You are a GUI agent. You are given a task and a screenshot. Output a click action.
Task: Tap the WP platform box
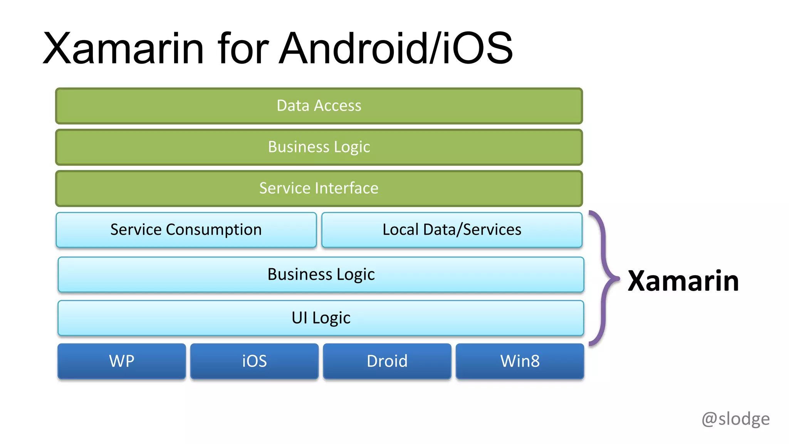122,361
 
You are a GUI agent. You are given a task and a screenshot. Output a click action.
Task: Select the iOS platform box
254,361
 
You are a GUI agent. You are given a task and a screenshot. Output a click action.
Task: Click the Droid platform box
387,361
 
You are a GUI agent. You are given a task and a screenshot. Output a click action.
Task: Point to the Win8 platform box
520,361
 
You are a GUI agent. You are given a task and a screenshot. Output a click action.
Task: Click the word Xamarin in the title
123,49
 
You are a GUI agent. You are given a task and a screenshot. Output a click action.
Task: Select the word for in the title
243,49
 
